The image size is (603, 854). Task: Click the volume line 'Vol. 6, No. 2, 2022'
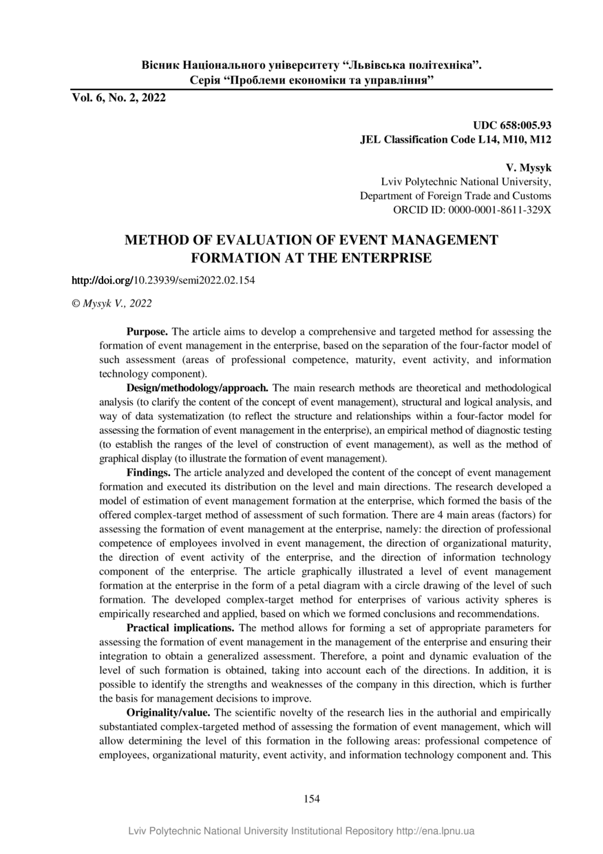(x=119, y=98)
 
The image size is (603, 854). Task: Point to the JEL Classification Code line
(x=456, y=139)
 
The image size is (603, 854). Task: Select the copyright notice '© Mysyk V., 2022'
(x=112, y=303)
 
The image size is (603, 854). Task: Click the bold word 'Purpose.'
(x=147, y=331)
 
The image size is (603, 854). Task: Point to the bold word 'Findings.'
(x=149, y=472)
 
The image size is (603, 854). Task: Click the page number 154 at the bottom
(x=312, y=799)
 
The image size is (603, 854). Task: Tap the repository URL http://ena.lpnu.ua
(x=436, y=831)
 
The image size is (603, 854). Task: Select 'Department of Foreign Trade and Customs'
(x=456, y=196)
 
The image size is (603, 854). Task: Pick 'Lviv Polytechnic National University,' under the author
(x=466, y=182)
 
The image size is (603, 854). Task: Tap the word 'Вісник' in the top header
(x=158, y=66)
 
